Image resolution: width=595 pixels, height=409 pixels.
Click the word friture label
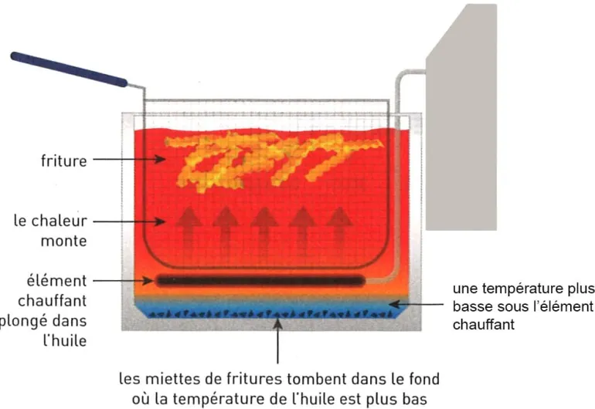[x=63, y=161]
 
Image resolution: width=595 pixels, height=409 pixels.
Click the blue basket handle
[x=69, y=69]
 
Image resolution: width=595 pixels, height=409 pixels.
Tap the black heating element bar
[x=260, y=281]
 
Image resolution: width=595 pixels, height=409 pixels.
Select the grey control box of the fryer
[x=461, y=117]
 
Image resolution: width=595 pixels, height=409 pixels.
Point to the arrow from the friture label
[x=129, y=159]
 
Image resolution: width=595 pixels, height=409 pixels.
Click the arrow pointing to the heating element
[x=124, y=281]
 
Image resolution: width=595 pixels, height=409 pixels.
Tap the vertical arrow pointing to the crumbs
[x=278, y=341]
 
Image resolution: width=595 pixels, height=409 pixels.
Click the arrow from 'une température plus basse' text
[x=416, y=304]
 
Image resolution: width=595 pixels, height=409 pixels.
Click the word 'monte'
[x=63, y=241]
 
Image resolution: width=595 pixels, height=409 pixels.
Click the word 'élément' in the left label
[x=57, y=281]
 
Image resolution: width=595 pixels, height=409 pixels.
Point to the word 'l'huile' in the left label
[x=65, y=340]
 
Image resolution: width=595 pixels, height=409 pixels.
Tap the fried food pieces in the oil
[x=274, y=161]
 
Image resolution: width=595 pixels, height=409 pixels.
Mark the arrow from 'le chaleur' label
[x=129, y=221]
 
